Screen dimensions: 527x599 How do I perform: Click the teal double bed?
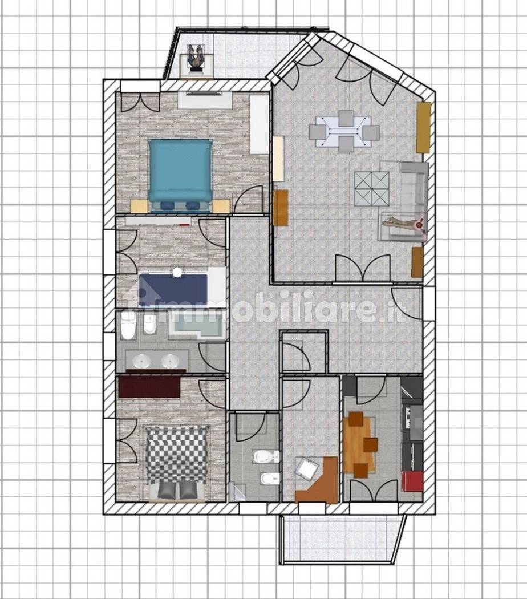click(x=180, y=176)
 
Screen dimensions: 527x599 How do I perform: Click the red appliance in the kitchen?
click(x=412, y=482)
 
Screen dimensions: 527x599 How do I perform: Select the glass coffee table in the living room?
click(x=371, y=189)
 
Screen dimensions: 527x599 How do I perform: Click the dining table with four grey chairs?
click(x=345, y=131)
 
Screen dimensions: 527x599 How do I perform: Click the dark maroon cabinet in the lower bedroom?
click(x=149, y=387)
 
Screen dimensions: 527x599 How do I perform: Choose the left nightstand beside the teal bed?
click(x=139, y=206)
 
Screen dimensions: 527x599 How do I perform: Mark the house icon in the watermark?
click(x=143, y=297)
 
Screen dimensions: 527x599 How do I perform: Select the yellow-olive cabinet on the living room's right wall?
click(x=423, y=128)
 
